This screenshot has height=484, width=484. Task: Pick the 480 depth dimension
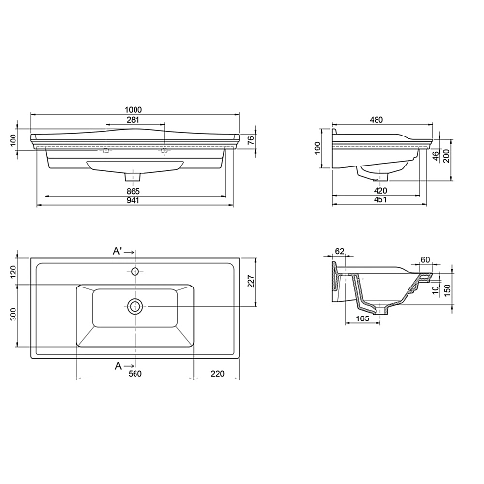[x=378, y=121]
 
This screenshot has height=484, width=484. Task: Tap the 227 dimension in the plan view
[x=251, y=284]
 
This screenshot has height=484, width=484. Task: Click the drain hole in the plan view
[x=135, y=306]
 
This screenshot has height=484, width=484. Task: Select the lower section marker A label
[x=118, y=366]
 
